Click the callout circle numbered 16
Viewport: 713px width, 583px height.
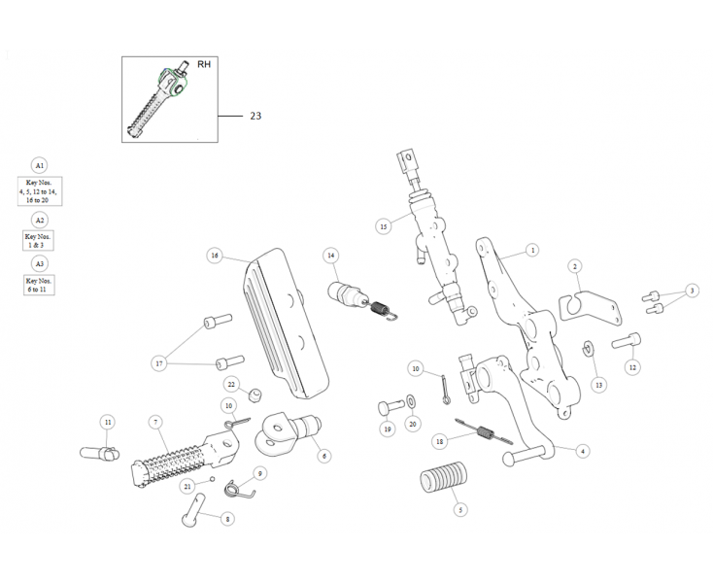215,256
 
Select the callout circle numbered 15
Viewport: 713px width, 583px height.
383,225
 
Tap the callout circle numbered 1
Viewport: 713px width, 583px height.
532,250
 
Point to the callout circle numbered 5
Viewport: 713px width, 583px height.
460,508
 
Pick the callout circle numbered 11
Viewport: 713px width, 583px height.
107,422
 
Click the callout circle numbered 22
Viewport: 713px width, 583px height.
232,385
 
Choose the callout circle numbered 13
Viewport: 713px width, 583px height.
598,385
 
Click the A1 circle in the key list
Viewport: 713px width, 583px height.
40,164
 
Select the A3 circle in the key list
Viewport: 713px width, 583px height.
40,263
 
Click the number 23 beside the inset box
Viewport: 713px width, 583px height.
255,116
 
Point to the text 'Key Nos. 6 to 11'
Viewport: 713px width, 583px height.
40,285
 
